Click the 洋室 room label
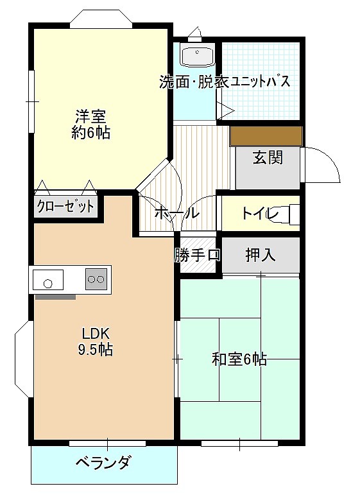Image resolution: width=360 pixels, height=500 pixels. pyautogui.click(x=90, y=117)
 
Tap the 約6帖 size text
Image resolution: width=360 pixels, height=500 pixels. pyautogui.click(x=90, y=133)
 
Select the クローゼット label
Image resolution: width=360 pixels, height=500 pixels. pyautogui.click(x=65, y=207)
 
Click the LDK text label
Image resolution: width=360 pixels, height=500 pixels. pyautogui.click(x=97, y=334)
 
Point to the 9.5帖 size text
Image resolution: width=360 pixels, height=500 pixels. pyautogui.click(x=97, y=350)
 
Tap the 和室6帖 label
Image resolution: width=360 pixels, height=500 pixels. pyautogui.click(x=239, y=359)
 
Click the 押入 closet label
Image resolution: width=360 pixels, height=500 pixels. pyautogui.click(x=261, y=255)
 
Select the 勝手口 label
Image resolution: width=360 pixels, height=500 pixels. pyautogui.click(x=197, y=255)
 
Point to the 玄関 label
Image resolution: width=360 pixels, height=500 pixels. pyautogui.click(x=267, y=158)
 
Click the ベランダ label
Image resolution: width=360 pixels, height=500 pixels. pyautogui.click(x=104, y=462)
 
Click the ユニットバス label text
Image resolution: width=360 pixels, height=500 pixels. pyautogui.click(x=257, y=82)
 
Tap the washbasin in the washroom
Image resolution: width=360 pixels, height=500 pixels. pyautogui.click(x=197, y=56)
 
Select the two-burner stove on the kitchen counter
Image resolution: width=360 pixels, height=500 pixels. pyautogui.click(x=96, y=279)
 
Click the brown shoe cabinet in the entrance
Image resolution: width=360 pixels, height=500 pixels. pyautogui.click(x=266, y=135)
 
